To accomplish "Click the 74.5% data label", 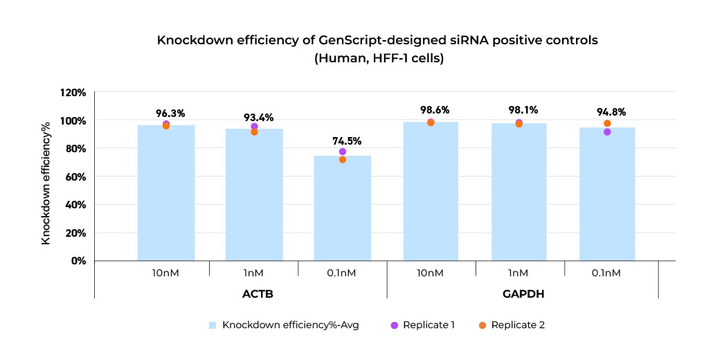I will tap(343, 141).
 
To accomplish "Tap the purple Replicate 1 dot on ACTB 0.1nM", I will tap(343, 152).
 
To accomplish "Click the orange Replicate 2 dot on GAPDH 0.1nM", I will tap(607, 123).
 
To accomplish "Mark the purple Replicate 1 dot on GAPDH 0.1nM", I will tap(607, 132).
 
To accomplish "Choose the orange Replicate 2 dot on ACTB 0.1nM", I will tap(343, 160).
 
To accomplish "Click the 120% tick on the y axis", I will tap(72, 92).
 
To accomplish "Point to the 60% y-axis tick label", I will tap(75, 177).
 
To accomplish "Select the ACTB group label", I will tap(258, 294).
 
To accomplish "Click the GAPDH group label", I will tap(523, 294).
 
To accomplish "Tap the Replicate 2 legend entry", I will tap(512, 325).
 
